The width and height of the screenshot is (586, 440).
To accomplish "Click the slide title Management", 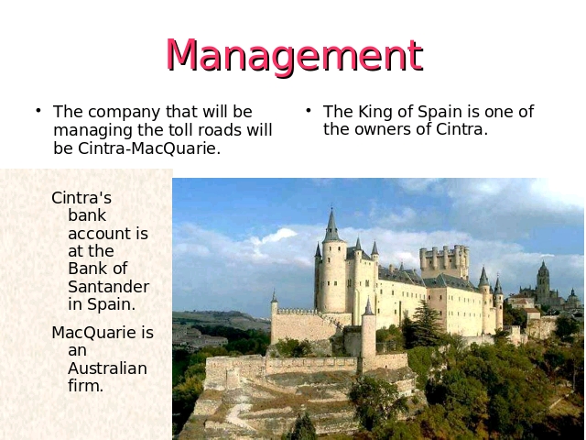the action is click(x=295, y=55).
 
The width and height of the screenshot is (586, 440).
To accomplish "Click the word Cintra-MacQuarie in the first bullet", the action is click(x=149, y=148).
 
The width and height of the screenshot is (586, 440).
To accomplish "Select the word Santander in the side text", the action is click(x=108, y=287).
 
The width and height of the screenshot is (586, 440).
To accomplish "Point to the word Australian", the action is click(x=108, y=368).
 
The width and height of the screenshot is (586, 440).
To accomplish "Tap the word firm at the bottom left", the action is click(x=85, y=385).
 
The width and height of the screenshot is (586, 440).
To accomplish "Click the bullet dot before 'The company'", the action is click(x=38, y=110).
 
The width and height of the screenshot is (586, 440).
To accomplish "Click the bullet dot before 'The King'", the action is click(x=309, y=110).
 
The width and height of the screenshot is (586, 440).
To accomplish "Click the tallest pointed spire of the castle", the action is click(x=331, y=225).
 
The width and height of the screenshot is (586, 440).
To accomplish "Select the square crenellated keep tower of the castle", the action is click(x=444, y=261).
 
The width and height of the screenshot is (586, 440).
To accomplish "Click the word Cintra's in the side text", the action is click(x=81, y=198).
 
